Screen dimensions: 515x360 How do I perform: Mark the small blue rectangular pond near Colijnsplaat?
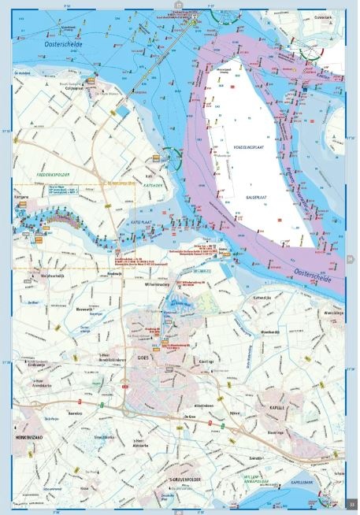click(x=123, y=111)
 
